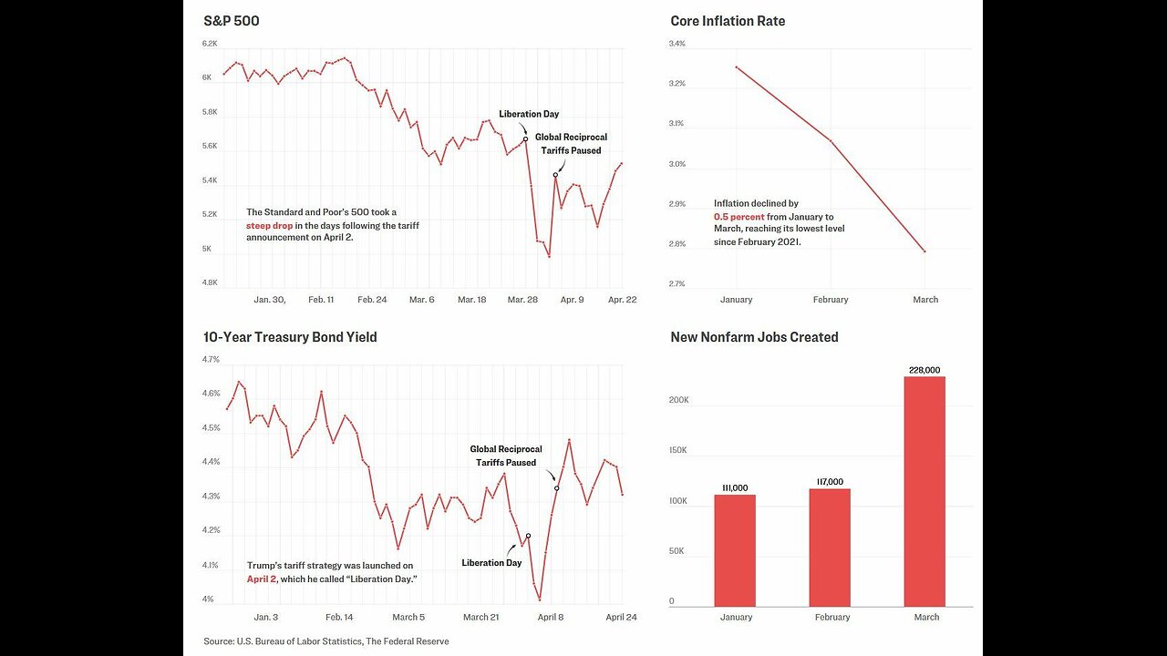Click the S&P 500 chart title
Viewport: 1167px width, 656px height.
pos(232,21)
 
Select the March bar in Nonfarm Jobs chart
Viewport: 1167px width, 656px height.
pos(924,492)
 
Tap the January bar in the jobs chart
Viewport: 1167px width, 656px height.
pos(735,550)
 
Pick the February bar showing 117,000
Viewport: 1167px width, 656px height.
pos(830,548)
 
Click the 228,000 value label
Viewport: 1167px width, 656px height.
pos(924,370)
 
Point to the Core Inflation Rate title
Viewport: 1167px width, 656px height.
pos(728,21)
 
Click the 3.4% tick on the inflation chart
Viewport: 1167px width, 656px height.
pos(676,44)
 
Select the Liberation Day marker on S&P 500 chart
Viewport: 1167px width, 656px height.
pos(525,139)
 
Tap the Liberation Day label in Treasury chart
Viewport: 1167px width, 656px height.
pos(491,563)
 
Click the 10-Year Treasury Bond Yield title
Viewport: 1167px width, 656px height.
pos(290,337)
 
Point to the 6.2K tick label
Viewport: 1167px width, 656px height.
pos(211,44)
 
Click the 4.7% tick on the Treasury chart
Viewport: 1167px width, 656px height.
pos(211,360)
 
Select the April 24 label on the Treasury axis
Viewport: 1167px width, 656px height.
pos(621,618)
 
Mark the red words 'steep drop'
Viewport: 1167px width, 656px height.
pos(269,225)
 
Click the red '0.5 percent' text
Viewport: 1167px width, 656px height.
pos(738,217)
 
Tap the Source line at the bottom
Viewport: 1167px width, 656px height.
pos(326,641)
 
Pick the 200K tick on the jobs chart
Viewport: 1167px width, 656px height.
pos(679,400)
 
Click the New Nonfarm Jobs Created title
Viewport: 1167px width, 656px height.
pos(754,337)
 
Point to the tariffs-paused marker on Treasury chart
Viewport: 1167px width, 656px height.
pos(556,488)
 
